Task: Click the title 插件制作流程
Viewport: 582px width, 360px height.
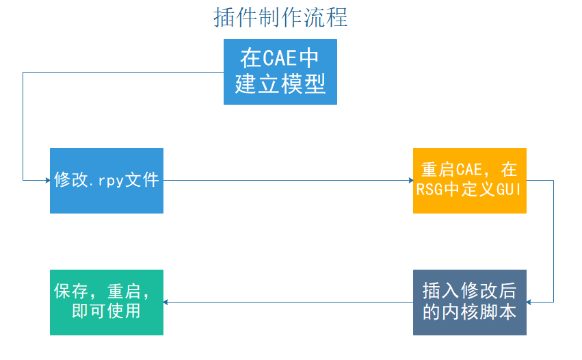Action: click(280, 18)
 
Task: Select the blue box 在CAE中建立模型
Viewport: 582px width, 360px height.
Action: click(280, 72)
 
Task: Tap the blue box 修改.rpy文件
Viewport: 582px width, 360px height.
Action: click(107, 181)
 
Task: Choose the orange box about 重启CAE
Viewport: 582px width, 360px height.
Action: click(470, 180)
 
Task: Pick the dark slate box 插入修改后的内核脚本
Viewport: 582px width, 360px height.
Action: click(470, 302)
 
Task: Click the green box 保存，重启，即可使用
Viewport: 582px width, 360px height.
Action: click(107, 302)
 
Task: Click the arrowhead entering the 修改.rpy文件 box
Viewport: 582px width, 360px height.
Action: click(47, 181)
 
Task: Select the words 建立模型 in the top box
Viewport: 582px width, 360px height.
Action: click(280, 84)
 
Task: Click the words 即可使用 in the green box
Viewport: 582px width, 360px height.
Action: click(106, 311)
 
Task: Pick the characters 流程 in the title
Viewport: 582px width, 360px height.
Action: click(331, 18)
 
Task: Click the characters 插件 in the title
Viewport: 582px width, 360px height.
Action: click(230, 18)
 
